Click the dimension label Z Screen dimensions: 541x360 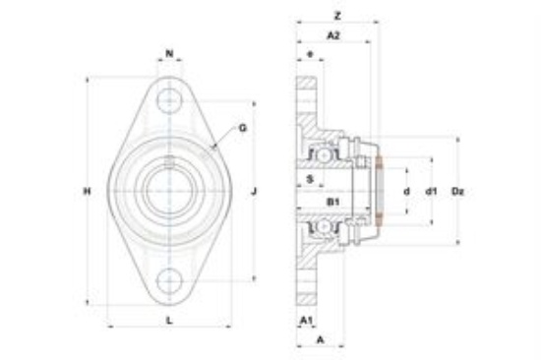(337, 16)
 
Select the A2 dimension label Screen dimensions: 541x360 (333, 35)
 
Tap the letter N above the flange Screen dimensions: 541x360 (169, 53)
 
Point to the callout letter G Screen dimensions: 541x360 (243, 128)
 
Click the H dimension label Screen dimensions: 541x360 (88, 191)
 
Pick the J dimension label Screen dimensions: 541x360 (254, 191)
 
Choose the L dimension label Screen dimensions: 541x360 (169, 321)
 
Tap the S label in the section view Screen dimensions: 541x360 (310, 179)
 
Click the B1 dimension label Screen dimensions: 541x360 (333, 202)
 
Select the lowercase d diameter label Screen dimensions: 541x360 (407, 191)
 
